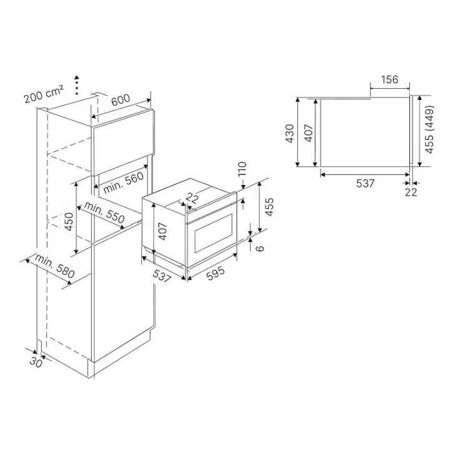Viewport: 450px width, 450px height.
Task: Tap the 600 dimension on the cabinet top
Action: [x=120, y=100]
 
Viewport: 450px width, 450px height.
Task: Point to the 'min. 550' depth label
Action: [x=104, y=212]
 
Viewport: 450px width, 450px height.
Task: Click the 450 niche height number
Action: [x=69, y=221]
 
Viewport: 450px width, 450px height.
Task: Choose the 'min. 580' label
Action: [x=55, y=266]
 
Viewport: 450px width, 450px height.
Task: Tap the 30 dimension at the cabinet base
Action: [x=36, y=362]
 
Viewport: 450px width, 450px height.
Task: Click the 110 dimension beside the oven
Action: [x=242, y=169]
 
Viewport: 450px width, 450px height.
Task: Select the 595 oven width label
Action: [x=216, y=273]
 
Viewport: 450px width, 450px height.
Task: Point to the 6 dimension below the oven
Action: [x=260, y=248]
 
